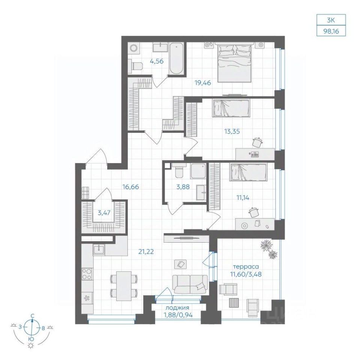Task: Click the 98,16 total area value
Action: coord(331,31)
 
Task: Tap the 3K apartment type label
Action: coord(331,20)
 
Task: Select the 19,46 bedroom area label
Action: coord(203,82)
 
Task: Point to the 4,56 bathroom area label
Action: coord(157,61)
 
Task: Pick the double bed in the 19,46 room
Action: coord(234,62)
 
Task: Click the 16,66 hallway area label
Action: coord(130,187)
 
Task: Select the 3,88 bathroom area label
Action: coord(183,187)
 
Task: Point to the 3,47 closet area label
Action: coord(104,213)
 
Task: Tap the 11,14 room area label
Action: coord(243,197)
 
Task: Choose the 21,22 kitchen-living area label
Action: coord(146,252)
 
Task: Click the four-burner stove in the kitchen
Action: coord(87,274)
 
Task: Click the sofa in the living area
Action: coord(190,284)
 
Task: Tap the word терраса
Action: coord(246,267)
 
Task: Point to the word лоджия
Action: coord(178,308)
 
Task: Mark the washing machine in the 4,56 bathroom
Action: coord(133,48)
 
